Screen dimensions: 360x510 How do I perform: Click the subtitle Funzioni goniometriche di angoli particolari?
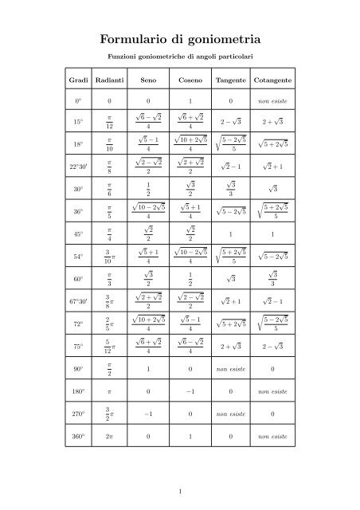click(x=180, y=57)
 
